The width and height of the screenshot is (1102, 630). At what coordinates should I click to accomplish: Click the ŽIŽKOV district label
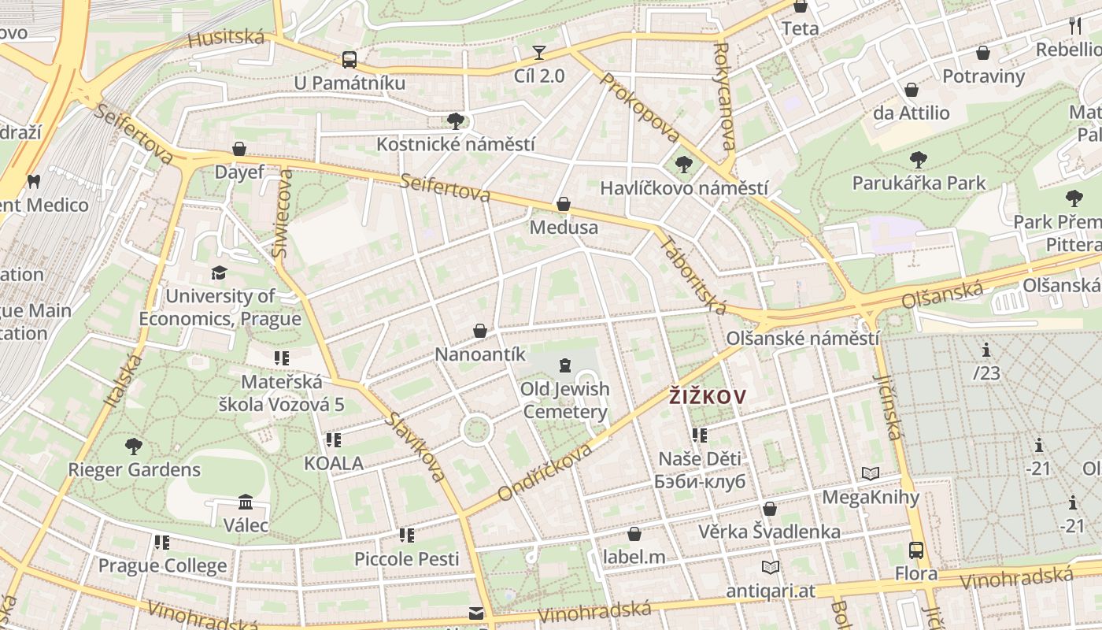tap(706, 397)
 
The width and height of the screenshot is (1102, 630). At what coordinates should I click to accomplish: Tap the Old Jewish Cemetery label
tap(564, 400)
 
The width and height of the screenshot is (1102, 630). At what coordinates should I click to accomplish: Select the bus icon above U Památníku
tap(349, 59)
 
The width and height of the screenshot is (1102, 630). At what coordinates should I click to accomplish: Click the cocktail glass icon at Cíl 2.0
tap(539, 53)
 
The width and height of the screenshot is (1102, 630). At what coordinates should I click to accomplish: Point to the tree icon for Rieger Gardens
tap(134, 447)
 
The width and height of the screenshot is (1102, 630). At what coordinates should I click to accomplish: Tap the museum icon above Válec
tap(246, 502)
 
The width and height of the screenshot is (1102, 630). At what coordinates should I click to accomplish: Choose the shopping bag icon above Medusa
tap(564, 204)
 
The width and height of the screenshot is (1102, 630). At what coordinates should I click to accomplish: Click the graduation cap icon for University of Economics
tap(219, 272)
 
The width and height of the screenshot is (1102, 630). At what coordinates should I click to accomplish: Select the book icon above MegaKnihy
tap(870, 473)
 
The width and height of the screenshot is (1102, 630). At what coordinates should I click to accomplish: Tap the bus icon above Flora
tap(916, 550)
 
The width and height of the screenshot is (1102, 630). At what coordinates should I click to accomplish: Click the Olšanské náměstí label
tap(802, 339)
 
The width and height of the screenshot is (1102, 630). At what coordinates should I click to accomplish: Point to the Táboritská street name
tap(693, 275)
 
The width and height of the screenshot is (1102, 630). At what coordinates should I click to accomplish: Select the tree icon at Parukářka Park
tap(918, 160)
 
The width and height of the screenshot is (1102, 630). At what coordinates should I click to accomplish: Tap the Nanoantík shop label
tap(480, 354)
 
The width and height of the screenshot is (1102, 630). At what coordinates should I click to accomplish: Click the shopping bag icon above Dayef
tap(239, 149)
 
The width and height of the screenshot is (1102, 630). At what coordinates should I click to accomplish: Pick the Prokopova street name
tap(639, 107)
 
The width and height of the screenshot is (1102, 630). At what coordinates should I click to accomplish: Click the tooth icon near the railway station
tap(33, 181)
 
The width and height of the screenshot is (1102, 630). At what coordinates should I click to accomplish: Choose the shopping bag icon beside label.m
tap(634, 535)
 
